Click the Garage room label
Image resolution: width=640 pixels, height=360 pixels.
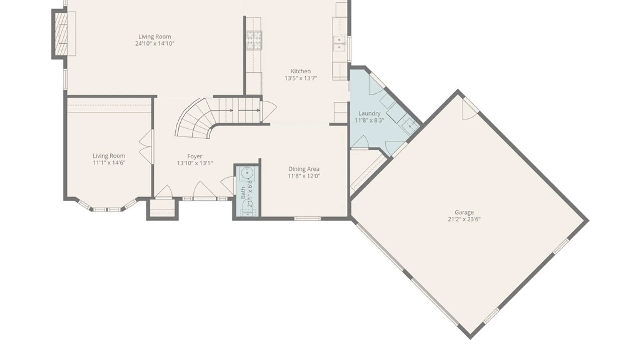click(x=464, y=212)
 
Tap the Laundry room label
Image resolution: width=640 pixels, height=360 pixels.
click(x=369, y=113)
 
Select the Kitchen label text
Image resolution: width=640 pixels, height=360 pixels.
click(x=301, y=71)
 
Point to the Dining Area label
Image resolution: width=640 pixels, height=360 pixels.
click(x=304, y=169)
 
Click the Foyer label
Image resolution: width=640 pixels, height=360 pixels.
click(x=195, y=156)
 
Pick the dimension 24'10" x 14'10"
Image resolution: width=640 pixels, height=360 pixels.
click(x=155, y=44)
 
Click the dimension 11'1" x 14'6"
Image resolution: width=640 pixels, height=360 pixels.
click(x=109, y=163)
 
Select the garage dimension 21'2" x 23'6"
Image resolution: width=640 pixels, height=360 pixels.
click(x=464, y=219)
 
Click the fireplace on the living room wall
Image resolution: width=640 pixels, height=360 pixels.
click(x=61, y=34)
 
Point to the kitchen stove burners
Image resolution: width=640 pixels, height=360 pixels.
click(x=254, y=40)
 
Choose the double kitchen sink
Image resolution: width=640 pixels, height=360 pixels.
click(x=339, y=44)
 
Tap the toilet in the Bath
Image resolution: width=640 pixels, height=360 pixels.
click(x=248, y=208)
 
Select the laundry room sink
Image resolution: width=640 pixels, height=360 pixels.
click(x=410, y=126)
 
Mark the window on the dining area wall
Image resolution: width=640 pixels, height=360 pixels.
click(x=307, y=219)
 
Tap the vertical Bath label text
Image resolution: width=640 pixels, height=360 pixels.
click(x=243, y=193)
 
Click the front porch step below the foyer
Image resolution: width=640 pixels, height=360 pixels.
click(x=162, y=209)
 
